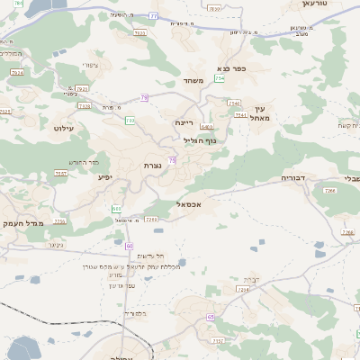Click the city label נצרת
(x=151, y=166)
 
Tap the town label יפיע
(x=105, y=177)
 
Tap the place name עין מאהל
(x=262, y=112)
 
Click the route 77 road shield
(x=154, y=17)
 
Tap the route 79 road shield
(x=144, y=97)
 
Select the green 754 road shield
(x=220, y=79)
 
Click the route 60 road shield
(x=130, y=245)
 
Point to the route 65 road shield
(x=211, y=317)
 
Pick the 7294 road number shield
(x=242, y=289)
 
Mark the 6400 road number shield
(x=206, y=127)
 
